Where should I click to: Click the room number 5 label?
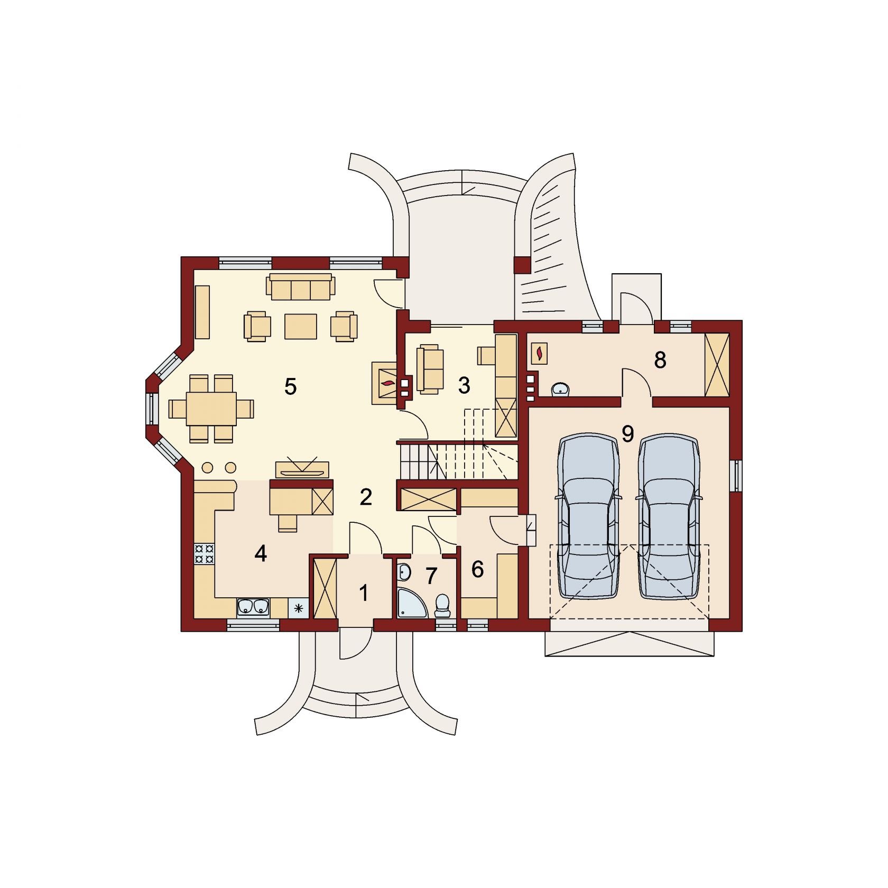click(290, 387)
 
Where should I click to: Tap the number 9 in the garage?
click(627, 434)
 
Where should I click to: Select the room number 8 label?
click(660, 360)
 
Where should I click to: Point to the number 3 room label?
click(464, 386)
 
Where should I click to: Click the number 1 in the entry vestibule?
click(364, 593)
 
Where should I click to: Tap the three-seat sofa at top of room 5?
click(300, 286)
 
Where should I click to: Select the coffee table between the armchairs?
click(301, 326)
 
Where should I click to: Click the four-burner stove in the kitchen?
click(204, 553)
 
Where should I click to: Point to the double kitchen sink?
click(253, 608)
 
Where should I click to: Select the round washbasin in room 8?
click(560, 389)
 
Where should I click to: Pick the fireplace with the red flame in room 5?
click(385, 383)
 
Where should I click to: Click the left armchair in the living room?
click(257, 326)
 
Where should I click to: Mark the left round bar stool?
click(208, 467)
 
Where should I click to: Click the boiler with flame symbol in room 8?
click(539, 354)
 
